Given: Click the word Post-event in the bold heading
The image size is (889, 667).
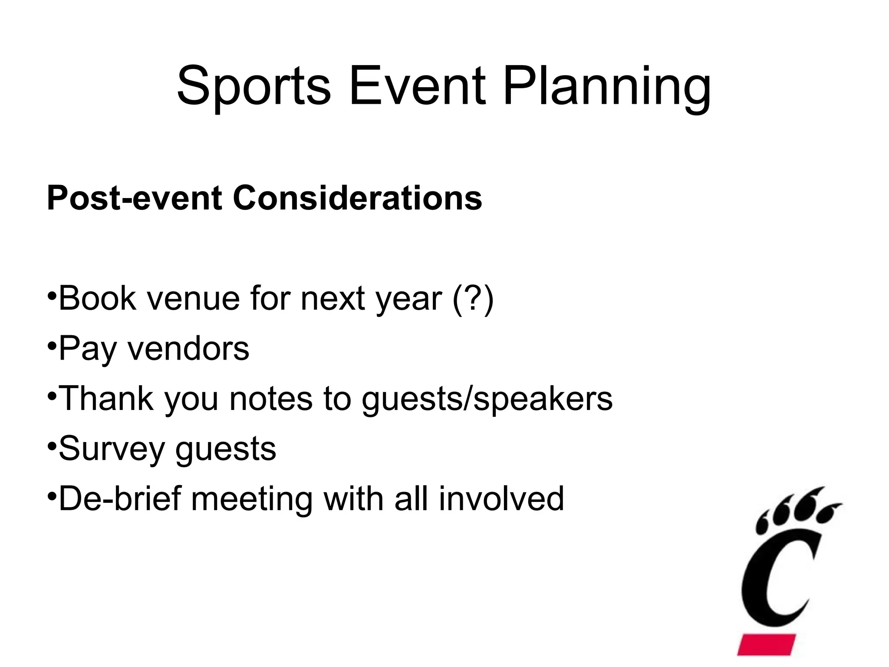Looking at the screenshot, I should [135, 198].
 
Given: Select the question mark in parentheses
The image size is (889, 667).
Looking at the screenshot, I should [473, 298].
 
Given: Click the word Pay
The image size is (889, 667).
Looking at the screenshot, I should [87, 349].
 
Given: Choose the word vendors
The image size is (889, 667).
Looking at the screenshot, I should [188, 349].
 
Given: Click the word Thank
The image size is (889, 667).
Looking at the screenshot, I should [106, 399].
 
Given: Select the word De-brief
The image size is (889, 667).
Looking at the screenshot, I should [120, 499].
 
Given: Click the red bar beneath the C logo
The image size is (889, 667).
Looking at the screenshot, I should [767, 644].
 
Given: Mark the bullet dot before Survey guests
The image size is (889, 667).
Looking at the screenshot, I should [52, 446].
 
